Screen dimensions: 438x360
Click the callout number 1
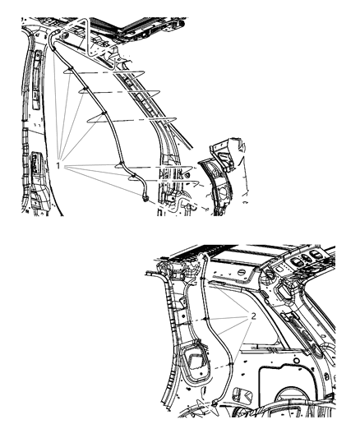[59, 166]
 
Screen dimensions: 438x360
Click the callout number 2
[254, 316]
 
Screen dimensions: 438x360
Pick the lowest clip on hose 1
[132, 175]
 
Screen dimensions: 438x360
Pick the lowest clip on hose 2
[217, 361]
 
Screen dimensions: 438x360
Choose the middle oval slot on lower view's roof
[308, 260]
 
